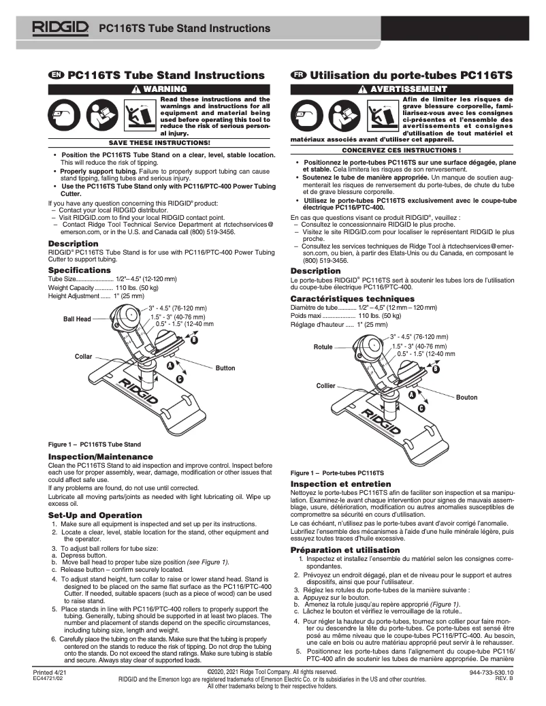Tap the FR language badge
298,74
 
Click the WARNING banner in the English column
159,89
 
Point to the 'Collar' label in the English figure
83,357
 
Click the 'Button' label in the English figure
225,368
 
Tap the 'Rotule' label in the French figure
323,347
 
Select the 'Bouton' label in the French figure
466,398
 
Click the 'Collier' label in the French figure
326,386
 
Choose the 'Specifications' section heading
80,270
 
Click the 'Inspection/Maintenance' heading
100,455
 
